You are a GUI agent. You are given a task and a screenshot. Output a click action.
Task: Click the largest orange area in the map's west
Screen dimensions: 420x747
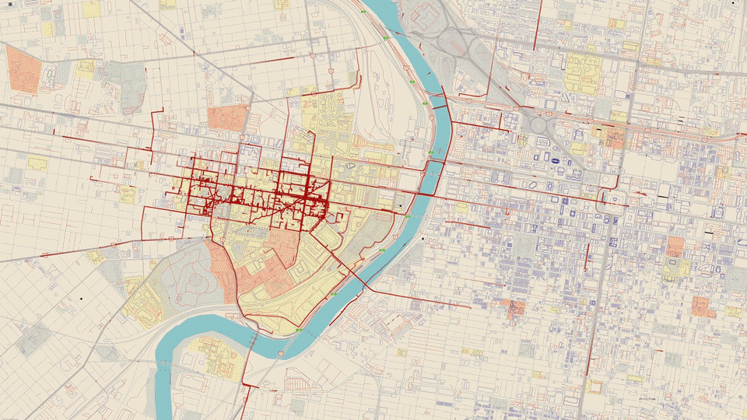pyautogui.click(x=23, y=69)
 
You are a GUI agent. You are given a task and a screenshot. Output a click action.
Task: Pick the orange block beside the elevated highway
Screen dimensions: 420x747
pyautogui.click(x=615, y=138)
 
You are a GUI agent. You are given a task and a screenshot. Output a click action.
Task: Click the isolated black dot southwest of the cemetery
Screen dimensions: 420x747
pyautogui.click(x=81, y=298)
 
